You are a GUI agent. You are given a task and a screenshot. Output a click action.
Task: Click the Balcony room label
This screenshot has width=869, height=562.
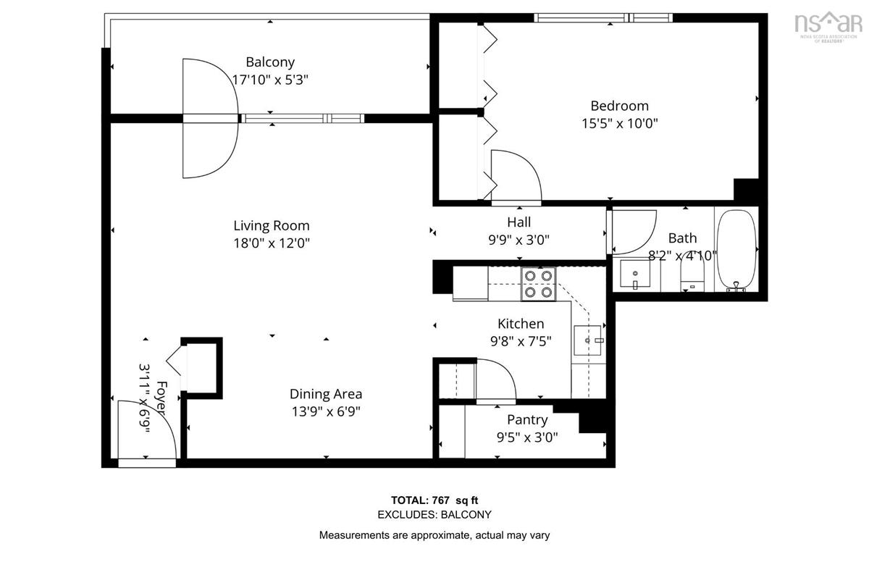pos(269,62)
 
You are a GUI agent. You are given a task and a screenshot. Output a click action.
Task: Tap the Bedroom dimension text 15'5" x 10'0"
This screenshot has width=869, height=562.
pos(619,123)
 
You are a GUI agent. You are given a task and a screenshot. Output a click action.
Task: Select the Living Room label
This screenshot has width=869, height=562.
pos(271,225)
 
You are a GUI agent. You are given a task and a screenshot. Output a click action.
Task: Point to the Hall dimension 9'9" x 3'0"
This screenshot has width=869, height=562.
pos(519,240)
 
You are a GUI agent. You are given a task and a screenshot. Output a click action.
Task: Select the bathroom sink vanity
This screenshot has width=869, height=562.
pos(635,274)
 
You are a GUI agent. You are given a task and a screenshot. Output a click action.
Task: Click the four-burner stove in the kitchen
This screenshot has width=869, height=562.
pos(538,284)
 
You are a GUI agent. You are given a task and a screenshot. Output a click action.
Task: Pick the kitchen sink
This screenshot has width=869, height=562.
pos(587,340)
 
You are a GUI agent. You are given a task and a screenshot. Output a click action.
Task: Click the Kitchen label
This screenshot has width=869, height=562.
pos(520,324)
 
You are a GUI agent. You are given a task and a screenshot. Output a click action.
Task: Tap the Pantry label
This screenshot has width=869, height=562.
pos(526,419)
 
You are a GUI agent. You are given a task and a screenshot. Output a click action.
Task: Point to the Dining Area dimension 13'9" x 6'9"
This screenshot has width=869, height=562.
pos(325,411)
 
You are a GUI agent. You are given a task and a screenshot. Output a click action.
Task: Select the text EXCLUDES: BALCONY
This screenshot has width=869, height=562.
pos(434,515)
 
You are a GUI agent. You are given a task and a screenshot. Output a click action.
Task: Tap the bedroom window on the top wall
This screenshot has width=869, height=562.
pos(603,17)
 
